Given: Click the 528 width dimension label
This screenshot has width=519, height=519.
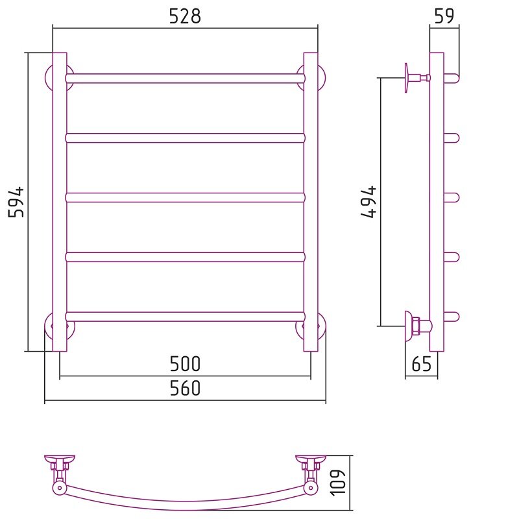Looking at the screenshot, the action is pyautogui.click(x=185, y=16).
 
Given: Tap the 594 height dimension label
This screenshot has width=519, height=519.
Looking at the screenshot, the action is pyautogui.click(x=16, y=202).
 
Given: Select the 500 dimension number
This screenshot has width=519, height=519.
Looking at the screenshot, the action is pyautogui.click(x=185, y=363).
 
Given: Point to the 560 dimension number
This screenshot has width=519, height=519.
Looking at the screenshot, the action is pyautogui.click(x=185, y=388).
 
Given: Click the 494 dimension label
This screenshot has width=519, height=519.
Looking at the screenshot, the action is pyautogui.click(x=368, y=202).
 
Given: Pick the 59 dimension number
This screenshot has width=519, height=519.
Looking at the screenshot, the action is pyautogui.click(x=444, y=16).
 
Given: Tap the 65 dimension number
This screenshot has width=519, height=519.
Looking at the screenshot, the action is pyautogui.click(x=422, y=364).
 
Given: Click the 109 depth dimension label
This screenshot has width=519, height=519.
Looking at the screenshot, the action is pyautogui.click(x=338, y=482).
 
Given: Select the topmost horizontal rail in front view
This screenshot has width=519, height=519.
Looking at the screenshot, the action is pyautogui.click(x=185, y=78).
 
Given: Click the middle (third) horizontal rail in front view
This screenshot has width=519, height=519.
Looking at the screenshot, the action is pyautogui.click(x=185, y=198).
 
